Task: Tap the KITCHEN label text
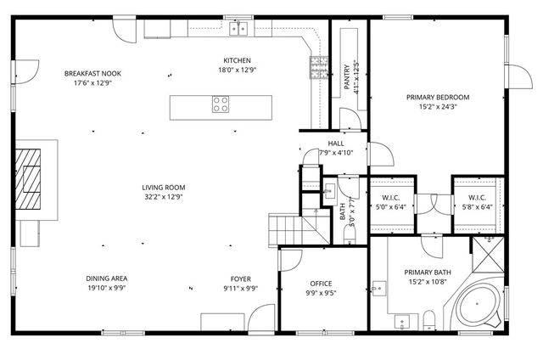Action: coord(237,60)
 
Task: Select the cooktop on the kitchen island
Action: coord(220,106)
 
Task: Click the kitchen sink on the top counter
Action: coord(240,29)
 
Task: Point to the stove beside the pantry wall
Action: coord(318,68)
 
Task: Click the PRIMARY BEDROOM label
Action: coord(437,98)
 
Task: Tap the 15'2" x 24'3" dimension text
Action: coord(437,108)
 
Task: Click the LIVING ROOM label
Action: coord(164,188)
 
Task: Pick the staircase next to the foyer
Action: coord(287,228)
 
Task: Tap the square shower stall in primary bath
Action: coord(490,253)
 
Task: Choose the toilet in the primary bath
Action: coord(428,319)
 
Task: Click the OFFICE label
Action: coord(321,284)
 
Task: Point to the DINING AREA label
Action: coord(107,278)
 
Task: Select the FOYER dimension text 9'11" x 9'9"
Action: coord(240,289)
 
